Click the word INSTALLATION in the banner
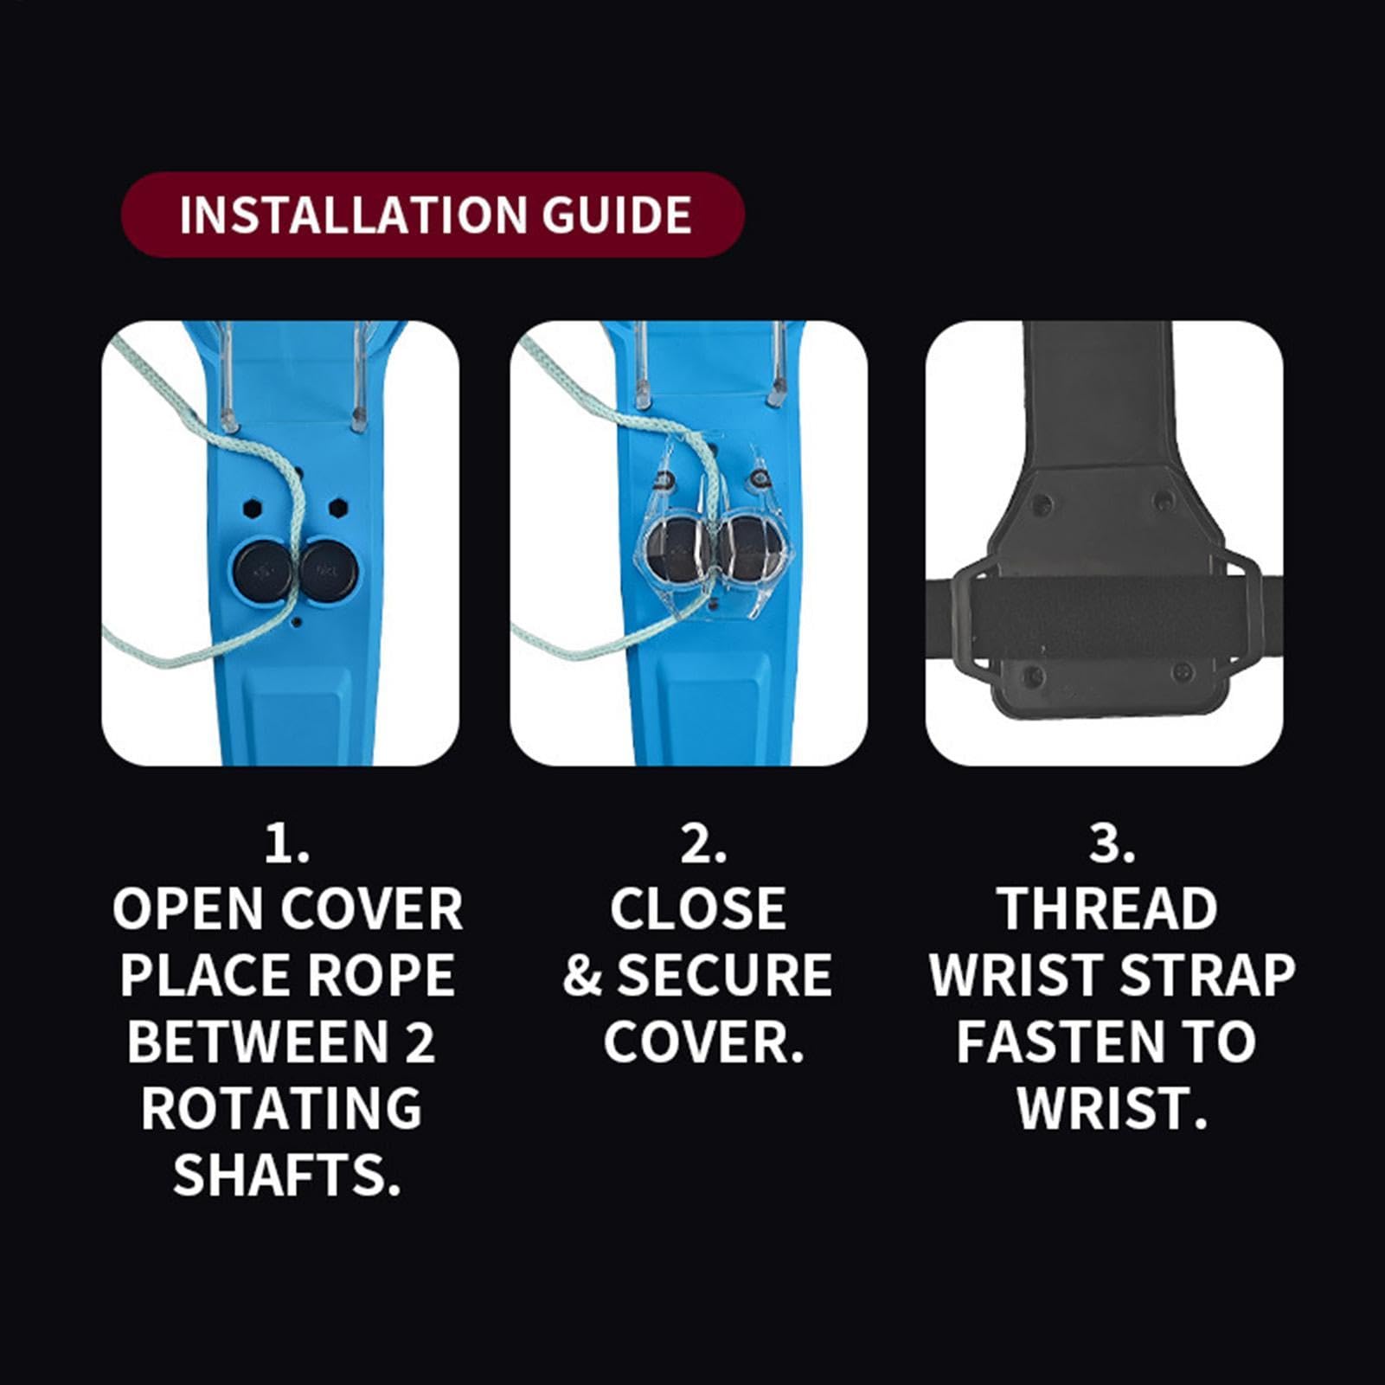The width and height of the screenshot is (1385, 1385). [x=353, y=215]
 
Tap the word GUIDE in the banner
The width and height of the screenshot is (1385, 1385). [x=617, y=215]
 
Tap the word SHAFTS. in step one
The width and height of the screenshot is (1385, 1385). [x=286, y=1174]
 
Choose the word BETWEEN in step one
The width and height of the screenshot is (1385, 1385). [x=258, y=1042]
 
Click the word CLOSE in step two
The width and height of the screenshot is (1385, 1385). [x=698, y=908]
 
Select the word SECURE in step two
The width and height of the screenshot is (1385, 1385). [x=724, y=975]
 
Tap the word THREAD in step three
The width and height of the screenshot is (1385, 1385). [x=1108, y=908]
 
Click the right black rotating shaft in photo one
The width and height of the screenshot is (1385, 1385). [x=329, y=571]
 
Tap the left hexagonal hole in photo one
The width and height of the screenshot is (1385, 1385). [x=253, y=508]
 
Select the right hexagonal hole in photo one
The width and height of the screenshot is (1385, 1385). [x=337, y=506]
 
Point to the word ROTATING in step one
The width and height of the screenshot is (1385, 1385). [x=281, y=1107]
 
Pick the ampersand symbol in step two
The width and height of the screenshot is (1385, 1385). [x=582, y=976]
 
